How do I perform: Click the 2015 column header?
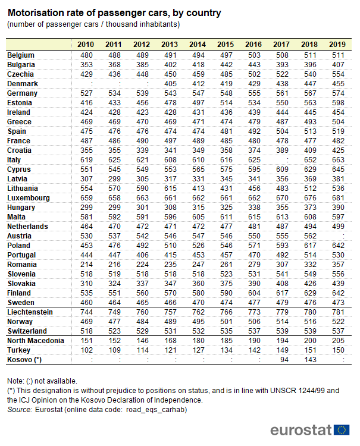point(226,45)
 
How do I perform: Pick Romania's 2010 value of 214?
point(86,265)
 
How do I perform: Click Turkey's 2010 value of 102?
point(86,350)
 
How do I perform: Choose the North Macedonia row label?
point(35,341)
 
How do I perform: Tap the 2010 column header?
point(86,45)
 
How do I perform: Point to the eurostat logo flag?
point(342,430)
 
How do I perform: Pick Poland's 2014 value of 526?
point(198,246)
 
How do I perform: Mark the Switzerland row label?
point(27,331)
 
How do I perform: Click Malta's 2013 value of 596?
point(170,217)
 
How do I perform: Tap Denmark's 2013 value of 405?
point(170,84)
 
